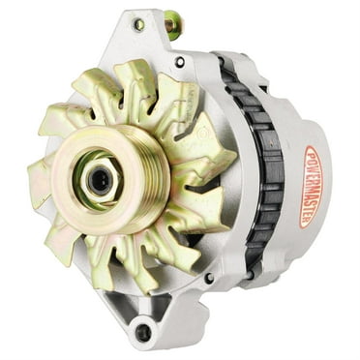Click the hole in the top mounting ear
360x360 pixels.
138,23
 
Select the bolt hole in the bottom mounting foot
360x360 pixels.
143,332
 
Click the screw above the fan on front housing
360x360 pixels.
179,62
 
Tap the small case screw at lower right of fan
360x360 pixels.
208,278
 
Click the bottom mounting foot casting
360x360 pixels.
150,324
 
